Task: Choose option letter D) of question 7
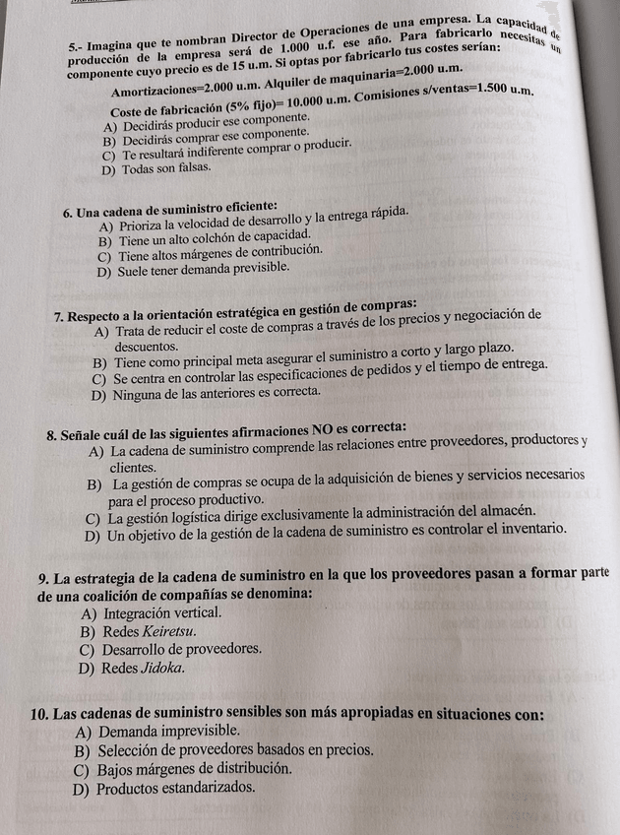pos(96,393)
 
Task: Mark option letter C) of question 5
pos(108,156)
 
